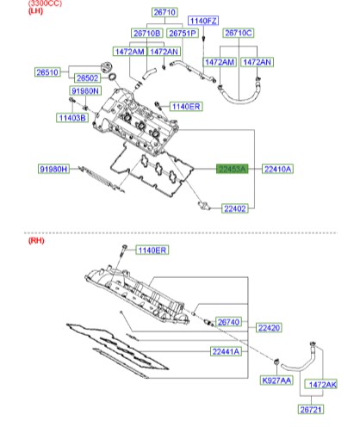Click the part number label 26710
164,14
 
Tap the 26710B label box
146,33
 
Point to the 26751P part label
183,33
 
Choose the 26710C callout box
239,33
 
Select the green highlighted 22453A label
231,170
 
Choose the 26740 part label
229,321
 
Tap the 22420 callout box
270,329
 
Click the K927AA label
276,380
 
